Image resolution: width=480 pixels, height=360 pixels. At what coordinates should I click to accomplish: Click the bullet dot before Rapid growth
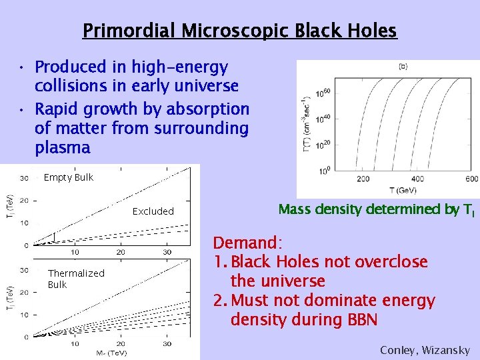coord(22,108)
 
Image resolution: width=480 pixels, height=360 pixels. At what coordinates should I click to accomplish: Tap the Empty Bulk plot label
coord(68,177)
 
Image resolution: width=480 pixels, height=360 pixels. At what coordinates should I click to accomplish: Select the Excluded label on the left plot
coord(153,211)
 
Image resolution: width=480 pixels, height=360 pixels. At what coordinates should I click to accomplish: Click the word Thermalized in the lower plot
coord(76,273)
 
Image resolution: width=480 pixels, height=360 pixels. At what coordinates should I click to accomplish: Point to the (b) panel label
coord(403,66)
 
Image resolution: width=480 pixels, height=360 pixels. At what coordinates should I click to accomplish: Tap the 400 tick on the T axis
coord(417,179)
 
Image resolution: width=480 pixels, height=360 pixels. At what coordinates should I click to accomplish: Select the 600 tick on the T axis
coord(471,179)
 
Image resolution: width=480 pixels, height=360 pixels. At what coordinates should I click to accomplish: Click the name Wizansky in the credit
coord(448,350)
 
